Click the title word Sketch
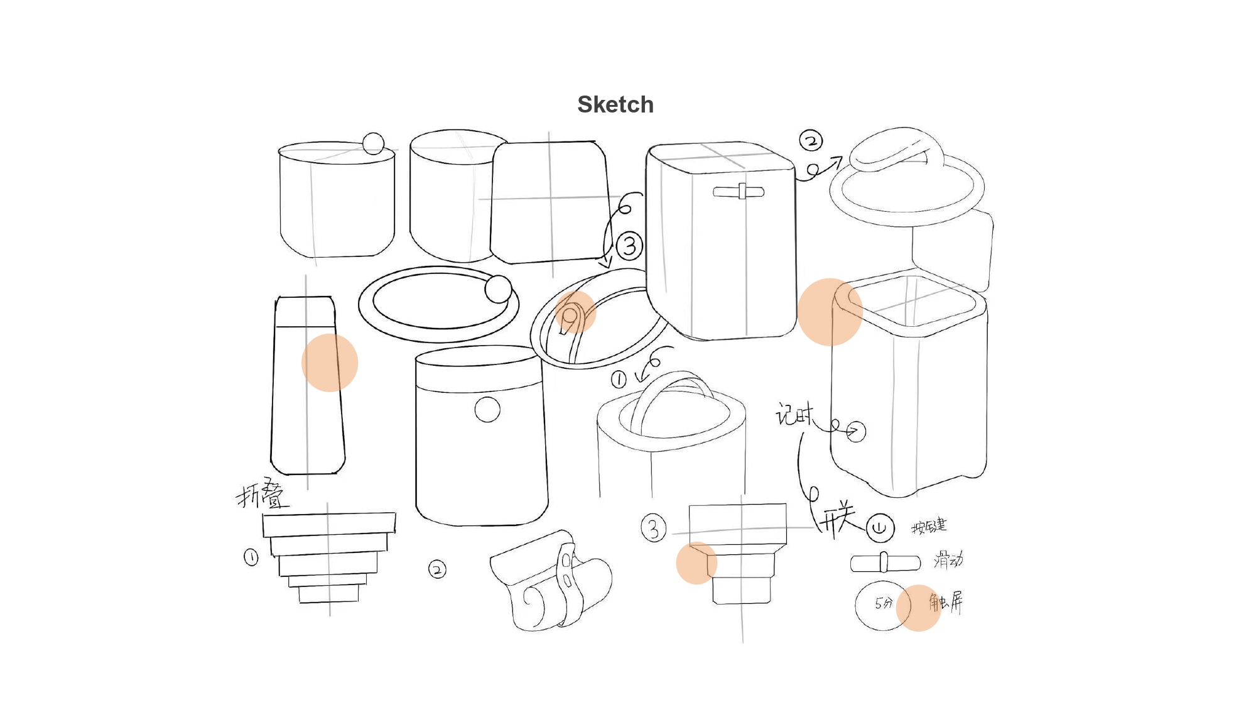[x=615, y=104]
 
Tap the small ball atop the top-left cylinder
[x=373, y=143]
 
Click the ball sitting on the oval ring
[x=498, y=289]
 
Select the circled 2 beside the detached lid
[x=811, y=140]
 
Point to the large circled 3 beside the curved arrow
[x=629, y=246]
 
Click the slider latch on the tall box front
[x=739, y=192]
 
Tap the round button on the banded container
[x=487, y=409]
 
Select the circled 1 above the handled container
[x=619, y=379]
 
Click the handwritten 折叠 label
[x=263, y=494]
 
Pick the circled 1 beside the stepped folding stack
[x=251, y=557]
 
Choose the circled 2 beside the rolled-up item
[x=437, y=569]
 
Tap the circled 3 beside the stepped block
[x=653, y=528]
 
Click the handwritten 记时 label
[x=794, y=415]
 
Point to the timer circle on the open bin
[x=855, y=431]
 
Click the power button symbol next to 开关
[x=880, y=527]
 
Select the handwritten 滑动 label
[x=948, y=559]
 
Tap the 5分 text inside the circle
[x=883, y=603]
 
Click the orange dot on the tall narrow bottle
[x=330, y=363]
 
